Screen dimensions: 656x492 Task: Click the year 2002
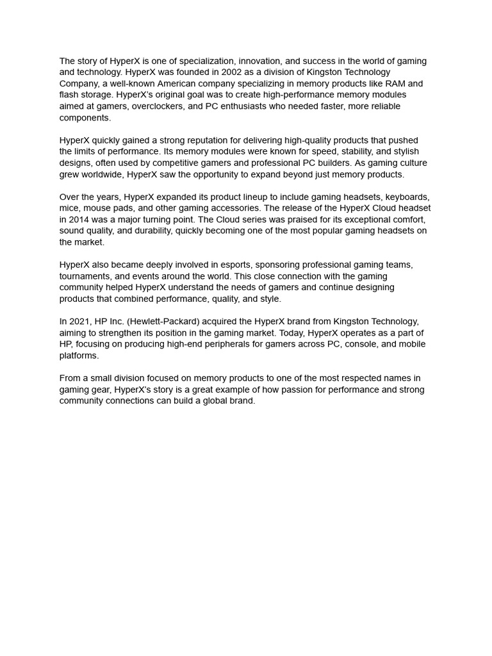[232, 72]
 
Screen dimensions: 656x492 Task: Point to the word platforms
[78, 356]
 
